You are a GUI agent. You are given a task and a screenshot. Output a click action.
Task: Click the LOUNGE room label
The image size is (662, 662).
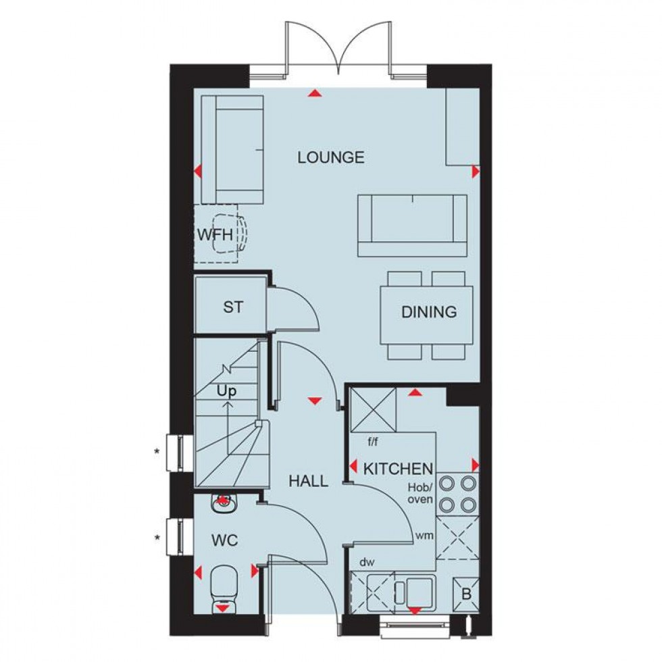click(x=331, y=157)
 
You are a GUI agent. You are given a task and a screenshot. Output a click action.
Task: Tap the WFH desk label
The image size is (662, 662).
click(x=215, y=236)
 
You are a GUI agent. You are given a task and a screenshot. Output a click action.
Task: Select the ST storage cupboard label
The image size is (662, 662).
click(x=233, y=307)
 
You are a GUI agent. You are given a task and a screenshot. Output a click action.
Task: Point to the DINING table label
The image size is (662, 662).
click(x=429, y=312)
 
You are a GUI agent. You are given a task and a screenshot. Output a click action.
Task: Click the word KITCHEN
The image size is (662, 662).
click(x=398, y=468)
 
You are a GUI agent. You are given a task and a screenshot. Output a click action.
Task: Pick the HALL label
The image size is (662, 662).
click(x=308, y=482)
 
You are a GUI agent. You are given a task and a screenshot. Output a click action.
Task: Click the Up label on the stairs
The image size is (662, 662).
click(x=226, y=391)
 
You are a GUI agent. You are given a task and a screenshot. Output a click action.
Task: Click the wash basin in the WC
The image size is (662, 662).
click(x=222, y=502)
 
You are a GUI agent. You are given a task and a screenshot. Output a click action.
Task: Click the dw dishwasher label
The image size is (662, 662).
click(x=367, y=561)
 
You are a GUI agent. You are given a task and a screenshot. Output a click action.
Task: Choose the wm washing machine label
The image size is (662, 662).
click(x=424, y=536)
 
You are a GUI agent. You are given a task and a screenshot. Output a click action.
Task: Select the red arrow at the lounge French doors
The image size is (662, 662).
click(x=313, y=93)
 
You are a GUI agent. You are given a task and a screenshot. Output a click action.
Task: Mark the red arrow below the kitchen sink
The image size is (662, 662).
click(x=414, y=611)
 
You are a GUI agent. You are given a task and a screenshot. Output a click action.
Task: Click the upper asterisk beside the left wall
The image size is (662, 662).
click(x=157, y=451)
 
